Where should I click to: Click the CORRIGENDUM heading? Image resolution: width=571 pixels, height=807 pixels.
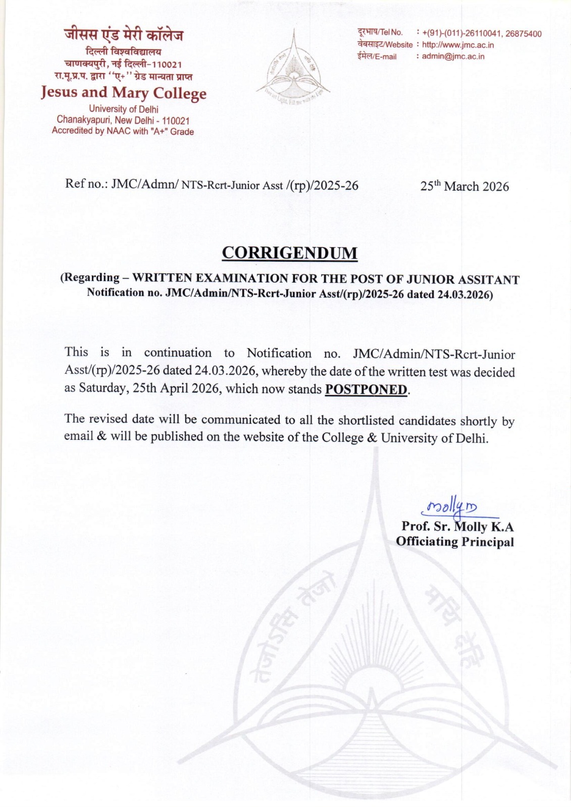[x=289, y=253]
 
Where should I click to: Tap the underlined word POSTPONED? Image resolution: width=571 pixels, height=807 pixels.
[x=366, y=389]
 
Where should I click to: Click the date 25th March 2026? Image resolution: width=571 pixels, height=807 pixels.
[x=464, y=186]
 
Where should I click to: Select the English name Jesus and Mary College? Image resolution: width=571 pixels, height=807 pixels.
[x=124, y=93]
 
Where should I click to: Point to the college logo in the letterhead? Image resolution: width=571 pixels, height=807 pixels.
[x=293, y=69]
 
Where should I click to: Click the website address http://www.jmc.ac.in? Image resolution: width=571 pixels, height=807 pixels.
[x=458, y=45]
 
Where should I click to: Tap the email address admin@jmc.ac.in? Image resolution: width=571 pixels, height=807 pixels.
[x=453, y=56]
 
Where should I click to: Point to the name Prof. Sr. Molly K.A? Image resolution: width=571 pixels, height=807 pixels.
[x=457, y=527]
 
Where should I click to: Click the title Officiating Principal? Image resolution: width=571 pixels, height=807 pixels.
[x=455, y=542]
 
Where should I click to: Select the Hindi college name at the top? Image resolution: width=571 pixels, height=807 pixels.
[x=123, y=35]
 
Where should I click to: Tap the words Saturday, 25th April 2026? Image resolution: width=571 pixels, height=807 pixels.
[x=142, y=389]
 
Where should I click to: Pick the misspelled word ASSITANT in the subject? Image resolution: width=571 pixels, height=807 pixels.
[x=489, y=279]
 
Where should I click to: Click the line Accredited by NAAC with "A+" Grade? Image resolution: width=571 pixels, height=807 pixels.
[x=123, y=131]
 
